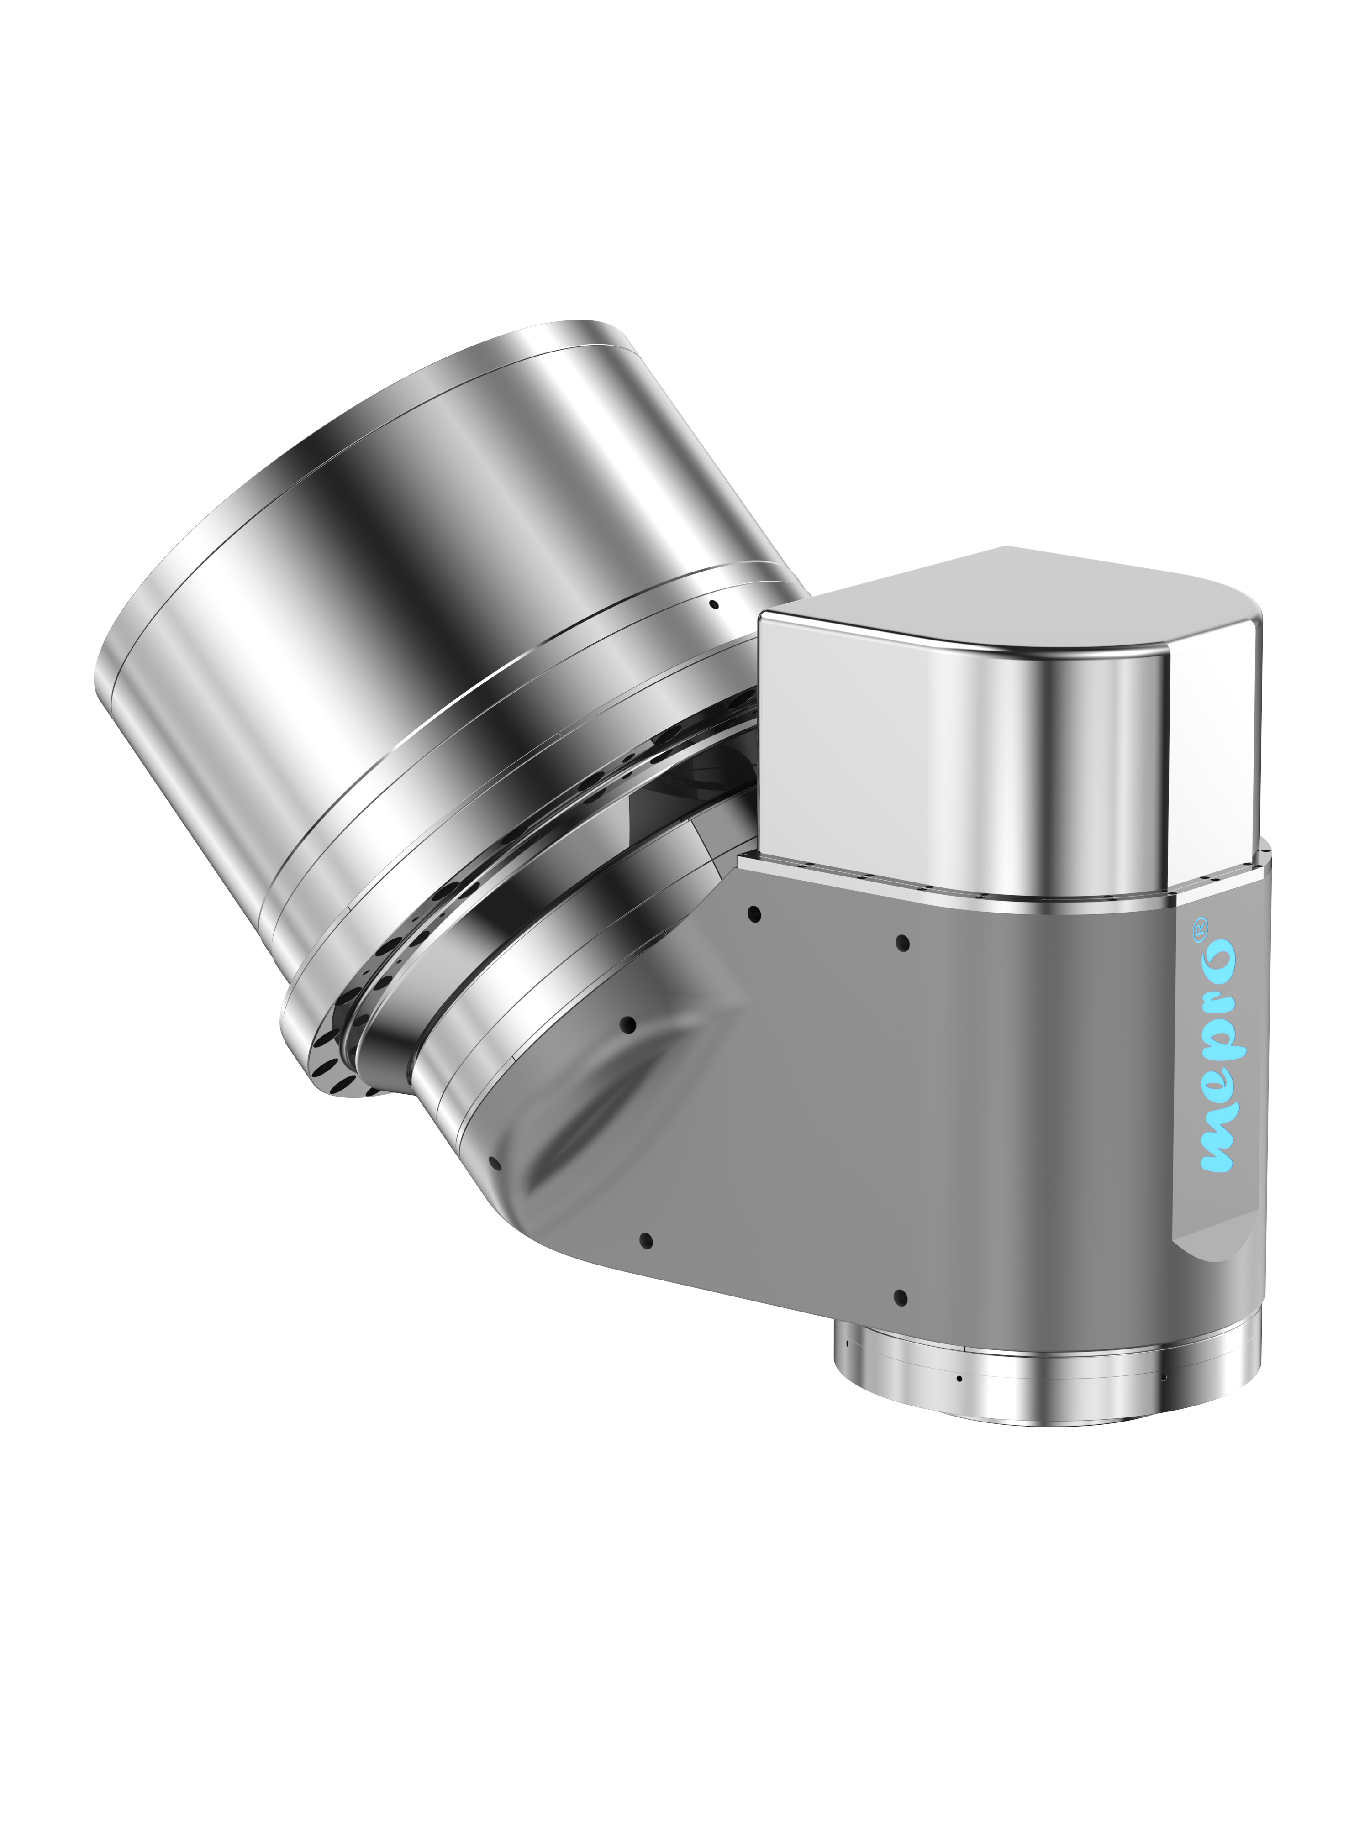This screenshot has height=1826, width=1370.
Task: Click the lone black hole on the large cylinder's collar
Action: point(714,604)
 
